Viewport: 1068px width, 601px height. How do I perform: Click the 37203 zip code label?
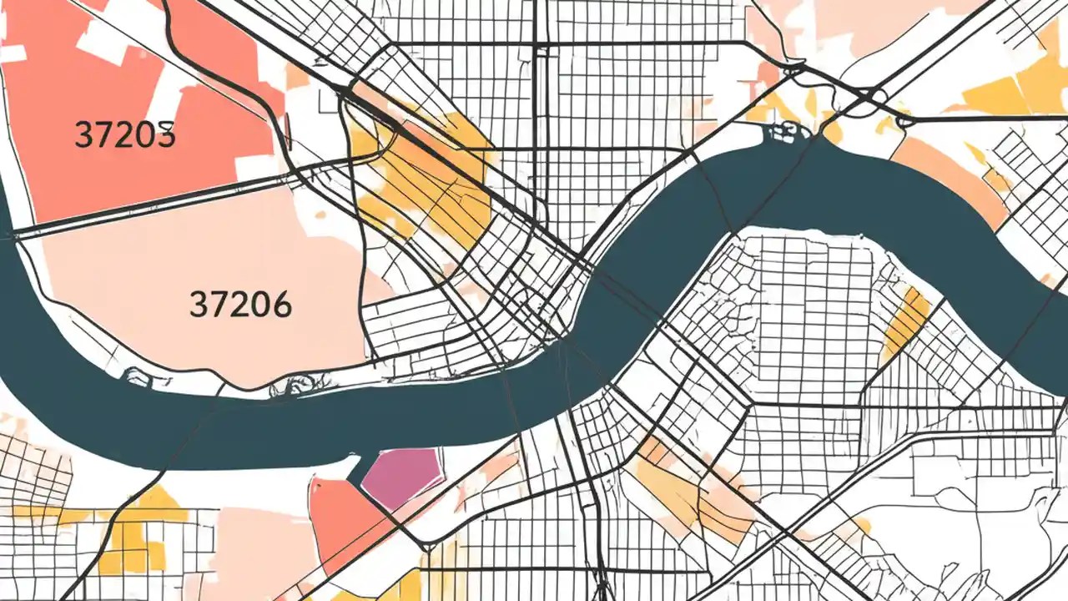[125, 134]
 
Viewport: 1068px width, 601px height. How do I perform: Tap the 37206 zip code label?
[240, 305]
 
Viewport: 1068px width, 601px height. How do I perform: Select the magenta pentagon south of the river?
[405, 477]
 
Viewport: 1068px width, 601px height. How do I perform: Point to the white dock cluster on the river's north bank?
[784, 131]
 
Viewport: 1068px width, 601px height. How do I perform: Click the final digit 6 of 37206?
[281, 305]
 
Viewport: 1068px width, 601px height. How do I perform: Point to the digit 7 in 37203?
[104, 134]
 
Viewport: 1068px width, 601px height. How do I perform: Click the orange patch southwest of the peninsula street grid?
[667, 484]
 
